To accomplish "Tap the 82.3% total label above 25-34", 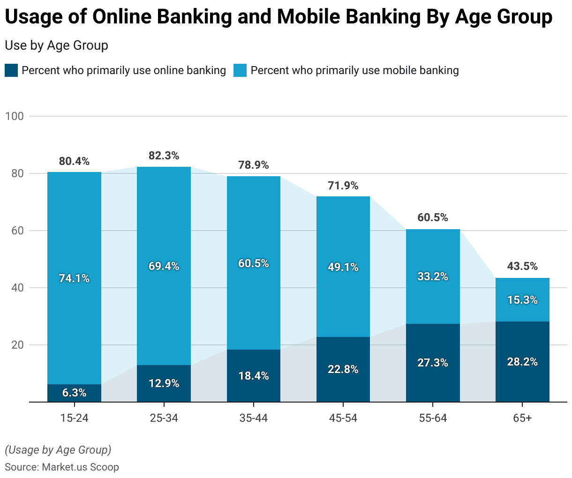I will coord(164,156).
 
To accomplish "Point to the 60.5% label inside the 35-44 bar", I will coord(253,263).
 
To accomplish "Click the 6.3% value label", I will coord(74,393).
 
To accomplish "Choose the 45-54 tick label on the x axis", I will coord(343,418).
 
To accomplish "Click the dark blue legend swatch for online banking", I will coord(11,71).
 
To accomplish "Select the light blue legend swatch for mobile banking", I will coord(240,71).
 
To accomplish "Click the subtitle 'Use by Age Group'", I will coord(56,45).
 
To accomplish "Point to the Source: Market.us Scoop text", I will coord(61,467).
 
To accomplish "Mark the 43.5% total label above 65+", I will coord(522,266).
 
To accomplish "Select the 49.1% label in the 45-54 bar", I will coord(343,267).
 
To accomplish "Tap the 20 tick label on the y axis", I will coord(17,345).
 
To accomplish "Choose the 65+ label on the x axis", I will coord(522,418).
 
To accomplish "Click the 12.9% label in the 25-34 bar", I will coord(164,383).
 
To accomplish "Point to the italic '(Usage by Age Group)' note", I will coord(58,450).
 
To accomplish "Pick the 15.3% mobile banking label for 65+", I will coord(522,300).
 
